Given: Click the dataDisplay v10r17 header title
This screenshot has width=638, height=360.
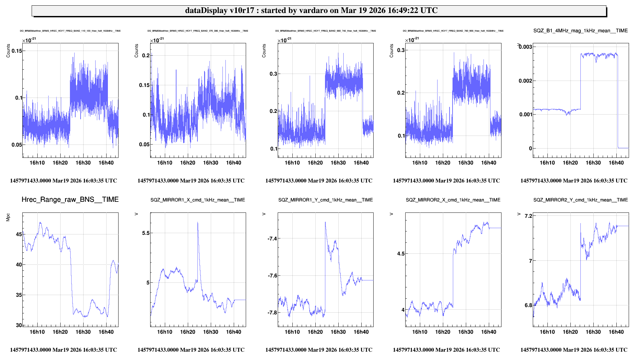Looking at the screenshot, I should pos(311,10).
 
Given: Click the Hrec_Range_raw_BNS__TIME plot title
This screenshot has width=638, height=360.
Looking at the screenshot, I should pos(70,199).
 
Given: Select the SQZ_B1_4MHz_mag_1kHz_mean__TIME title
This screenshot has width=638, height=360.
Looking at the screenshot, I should pos(580,31).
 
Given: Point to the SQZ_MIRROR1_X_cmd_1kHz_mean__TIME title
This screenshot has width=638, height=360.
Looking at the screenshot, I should pos(197,200).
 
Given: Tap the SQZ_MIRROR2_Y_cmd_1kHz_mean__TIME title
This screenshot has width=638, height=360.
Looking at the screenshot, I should pos(580,200).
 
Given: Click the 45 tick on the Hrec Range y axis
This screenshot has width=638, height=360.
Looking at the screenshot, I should pos(19,234).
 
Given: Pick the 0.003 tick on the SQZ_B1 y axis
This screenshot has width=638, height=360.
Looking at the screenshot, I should pos(525,47).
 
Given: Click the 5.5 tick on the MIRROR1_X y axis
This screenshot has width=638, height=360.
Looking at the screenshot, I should pos(146,233).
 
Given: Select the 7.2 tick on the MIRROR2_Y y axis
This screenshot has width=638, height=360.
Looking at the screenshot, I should pos(528,216).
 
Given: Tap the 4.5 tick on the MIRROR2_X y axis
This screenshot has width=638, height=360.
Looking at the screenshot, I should pos(401,253).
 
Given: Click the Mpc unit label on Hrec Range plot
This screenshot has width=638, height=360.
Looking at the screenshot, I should pos(8,217).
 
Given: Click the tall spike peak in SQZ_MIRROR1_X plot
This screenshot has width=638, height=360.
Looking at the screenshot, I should pos(198,222).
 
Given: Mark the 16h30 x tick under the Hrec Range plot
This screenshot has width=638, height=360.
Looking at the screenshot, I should pos(83,332).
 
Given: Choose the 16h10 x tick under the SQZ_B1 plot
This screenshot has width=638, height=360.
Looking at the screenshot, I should pos(547,163).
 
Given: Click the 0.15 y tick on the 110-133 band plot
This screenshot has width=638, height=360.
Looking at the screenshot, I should pos(17,51).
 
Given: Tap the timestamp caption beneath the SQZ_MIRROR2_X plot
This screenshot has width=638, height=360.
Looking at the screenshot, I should pos(446,350).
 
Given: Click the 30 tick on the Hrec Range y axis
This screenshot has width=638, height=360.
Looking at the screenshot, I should pos(19,325).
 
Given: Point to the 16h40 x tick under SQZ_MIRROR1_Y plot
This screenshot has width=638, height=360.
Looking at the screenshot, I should pos(361,332).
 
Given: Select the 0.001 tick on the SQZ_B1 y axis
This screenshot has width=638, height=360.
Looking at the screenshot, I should pos(525,114).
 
